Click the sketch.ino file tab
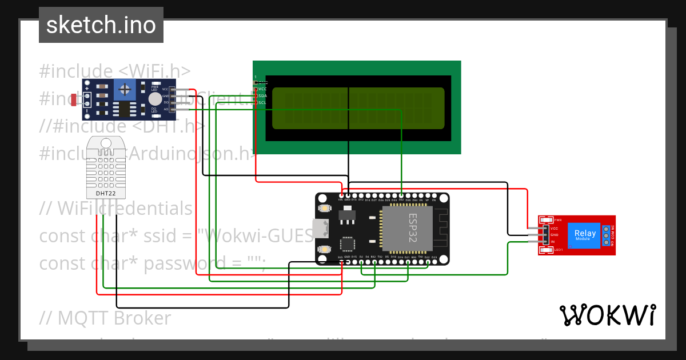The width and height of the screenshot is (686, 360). click(101, 25)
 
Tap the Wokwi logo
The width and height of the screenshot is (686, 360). click(607, 315)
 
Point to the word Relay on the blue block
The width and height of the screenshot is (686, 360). click(584, 233)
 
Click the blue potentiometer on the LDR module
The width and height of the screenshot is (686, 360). click(125, 87)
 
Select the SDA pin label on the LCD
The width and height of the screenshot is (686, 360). click(262, 96)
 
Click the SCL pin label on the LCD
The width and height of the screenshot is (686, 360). click(262, 102)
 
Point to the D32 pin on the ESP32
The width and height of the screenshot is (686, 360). click(401, 199)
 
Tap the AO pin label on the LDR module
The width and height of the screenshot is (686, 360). click(166, 109)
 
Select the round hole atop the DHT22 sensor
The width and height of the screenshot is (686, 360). click(106, 143)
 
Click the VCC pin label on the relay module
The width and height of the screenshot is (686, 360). click(553, 228)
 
